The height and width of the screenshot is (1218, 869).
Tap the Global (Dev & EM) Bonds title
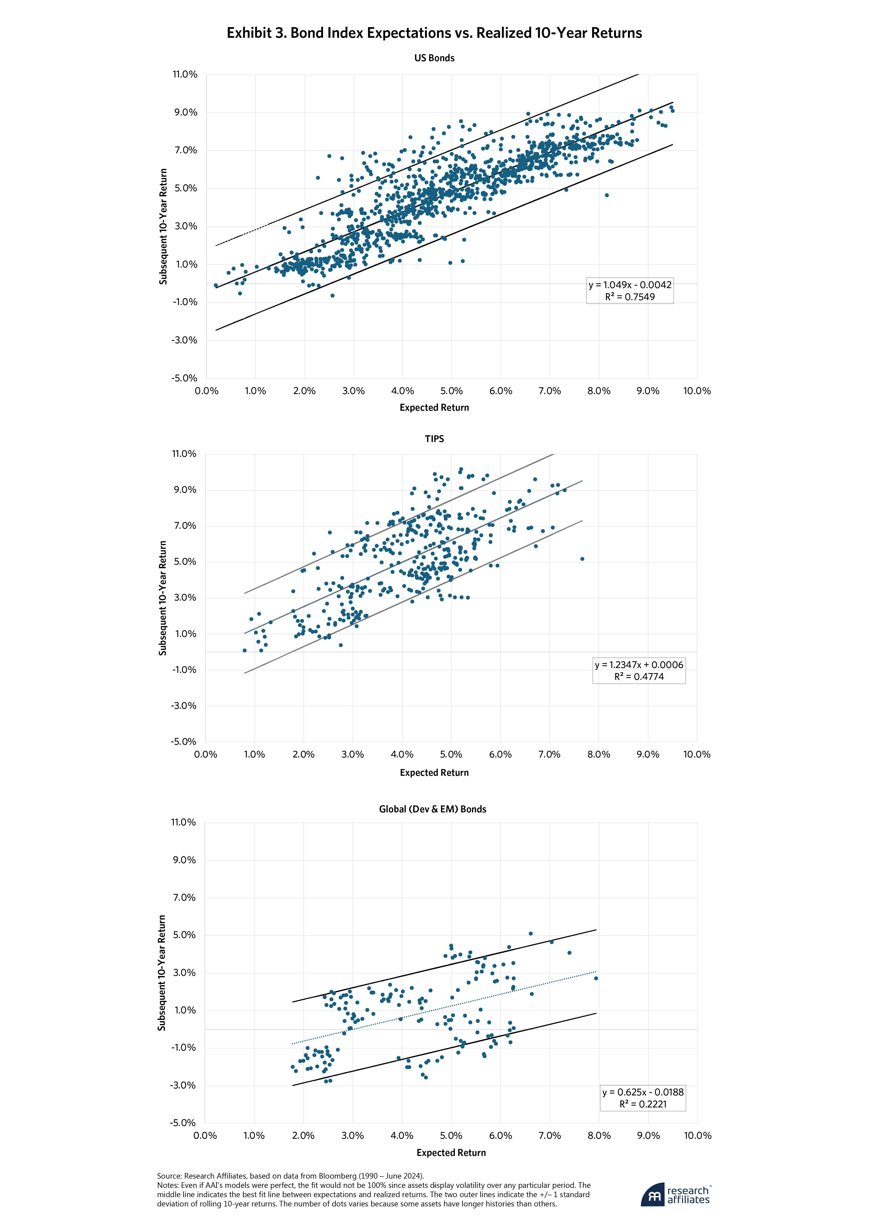point(432,809)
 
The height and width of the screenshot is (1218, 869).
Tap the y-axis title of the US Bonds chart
point(163,226)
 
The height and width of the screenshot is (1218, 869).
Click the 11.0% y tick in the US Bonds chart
point(185,74)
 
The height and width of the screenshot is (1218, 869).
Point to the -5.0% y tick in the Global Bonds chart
point(183,1123)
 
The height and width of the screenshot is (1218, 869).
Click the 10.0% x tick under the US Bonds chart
point(697,391)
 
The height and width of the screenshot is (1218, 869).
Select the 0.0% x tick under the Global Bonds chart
point(205,1135)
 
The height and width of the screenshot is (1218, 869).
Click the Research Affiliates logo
point(675,1195)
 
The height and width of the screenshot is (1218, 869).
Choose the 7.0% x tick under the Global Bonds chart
point(549,1135)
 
